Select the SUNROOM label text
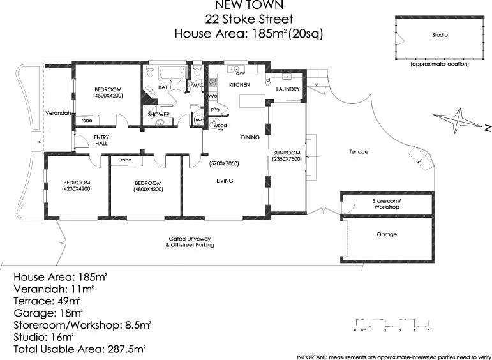click(x=287, y=153)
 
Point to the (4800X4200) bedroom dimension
click(x=148, y=189)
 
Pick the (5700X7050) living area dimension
click(x=224, y=164)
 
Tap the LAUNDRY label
click(x=288, y=89)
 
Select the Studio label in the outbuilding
click(x=439, y=35)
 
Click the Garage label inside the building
click(x=386, y=234)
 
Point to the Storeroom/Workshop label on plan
click(x=386, y=204)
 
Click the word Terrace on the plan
click(x=359, y=152)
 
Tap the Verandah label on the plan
click(x=57, y=112)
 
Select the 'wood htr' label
click(x=220, y=127)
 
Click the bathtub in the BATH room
click(x=170, y=73)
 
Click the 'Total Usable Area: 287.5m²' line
click(x=80, y=349)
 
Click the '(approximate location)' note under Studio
click(x=439, y=64)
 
